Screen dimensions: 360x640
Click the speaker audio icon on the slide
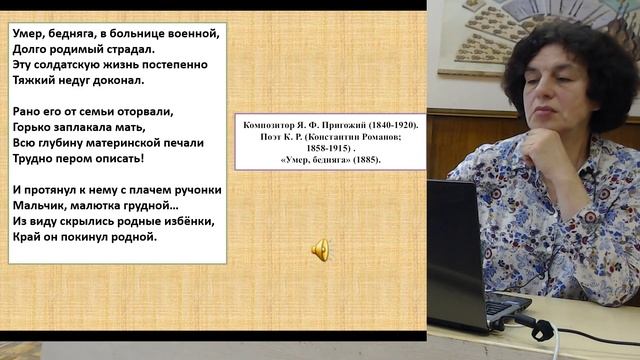coord(321,249)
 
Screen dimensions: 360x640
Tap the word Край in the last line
coord(29,236)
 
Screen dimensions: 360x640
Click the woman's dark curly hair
coord(590,60)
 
